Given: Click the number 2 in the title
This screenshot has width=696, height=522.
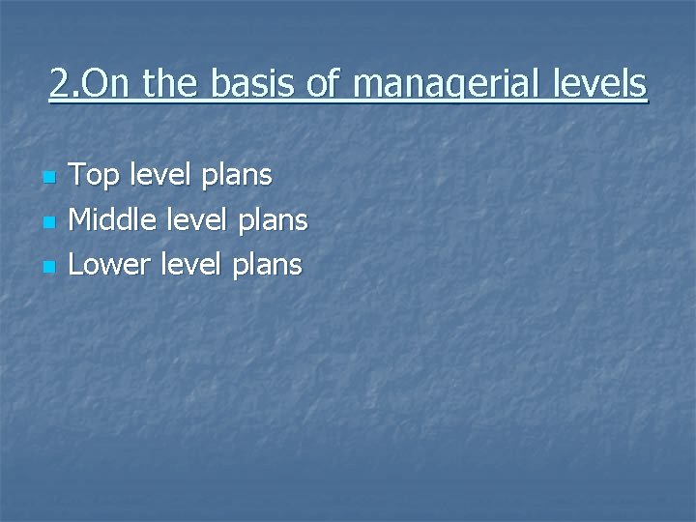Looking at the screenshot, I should click(x=59, y=84).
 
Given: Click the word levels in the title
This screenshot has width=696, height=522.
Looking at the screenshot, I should click(x=598, y=84).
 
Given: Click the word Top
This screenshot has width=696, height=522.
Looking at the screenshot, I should click(x=93, y=177).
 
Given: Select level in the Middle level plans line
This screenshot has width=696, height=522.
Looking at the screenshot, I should click(x=194, y=220).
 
